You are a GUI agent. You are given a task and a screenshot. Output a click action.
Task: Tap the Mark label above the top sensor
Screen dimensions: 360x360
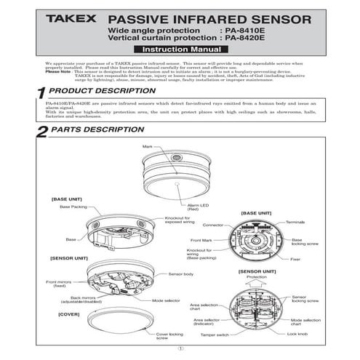[149, 146]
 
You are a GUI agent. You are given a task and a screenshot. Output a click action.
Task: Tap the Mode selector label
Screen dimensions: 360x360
[167, 300]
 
